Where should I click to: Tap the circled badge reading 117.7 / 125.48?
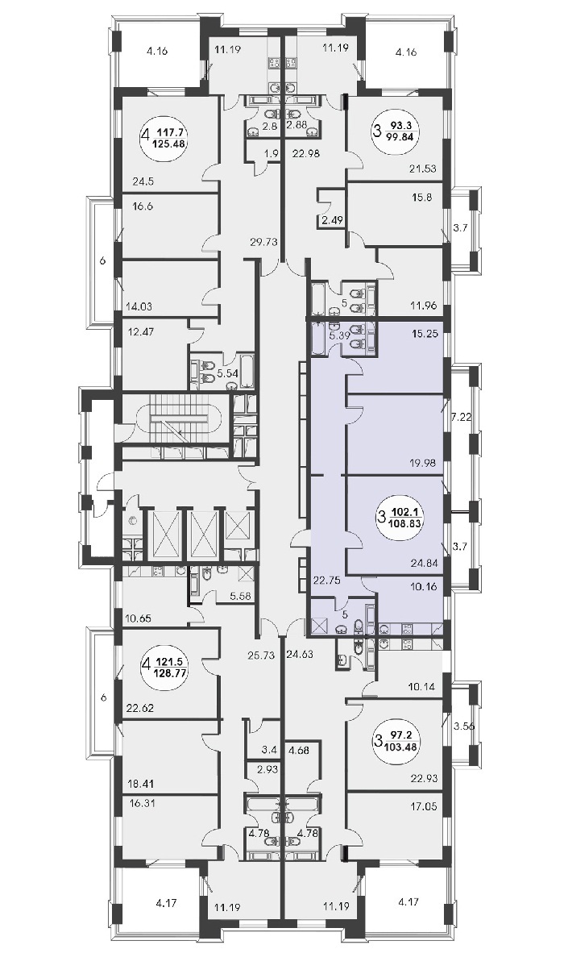point(164,136)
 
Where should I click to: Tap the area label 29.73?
point(262,242)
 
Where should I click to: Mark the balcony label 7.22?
point(461,418)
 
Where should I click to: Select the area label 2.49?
point(333,220)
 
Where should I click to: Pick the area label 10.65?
point(137,618)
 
